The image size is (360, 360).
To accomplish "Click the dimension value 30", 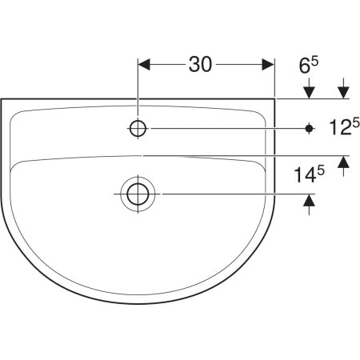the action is [200, 65].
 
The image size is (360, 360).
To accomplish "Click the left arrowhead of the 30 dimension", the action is [144, 65].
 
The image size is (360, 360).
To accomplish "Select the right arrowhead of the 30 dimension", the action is [268, 65].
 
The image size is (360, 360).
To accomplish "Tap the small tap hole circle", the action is [138, 129].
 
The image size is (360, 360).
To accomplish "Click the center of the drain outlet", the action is [138, 194].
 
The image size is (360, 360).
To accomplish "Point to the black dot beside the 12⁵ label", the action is [309, 129].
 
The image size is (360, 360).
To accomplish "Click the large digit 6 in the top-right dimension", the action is [305, 66].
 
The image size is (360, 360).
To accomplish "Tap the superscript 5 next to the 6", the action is [314, 62].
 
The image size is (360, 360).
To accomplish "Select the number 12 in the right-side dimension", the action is [339, 127].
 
